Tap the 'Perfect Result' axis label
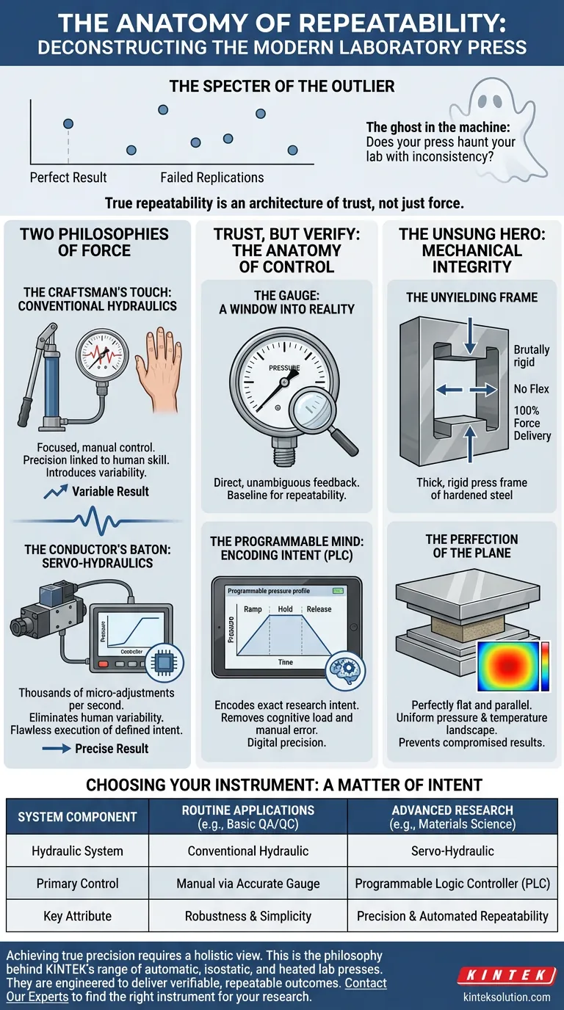click(68, 178)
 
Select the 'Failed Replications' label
click(211, 178)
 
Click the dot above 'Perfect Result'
click(68, 124)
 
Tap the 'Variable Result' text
click(110, 491)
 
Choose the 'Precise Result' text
click(112, 749)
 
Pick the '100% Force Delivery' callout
click(532, 423)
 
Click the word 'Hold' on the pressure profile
click(285, 609)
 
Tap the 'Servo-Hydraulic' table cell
click(452, 851)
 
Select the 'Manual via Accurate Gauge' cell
click(248, 884)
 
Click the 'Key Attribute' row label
click(77, 916)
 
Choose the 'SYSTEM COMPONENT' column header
click(77, 817)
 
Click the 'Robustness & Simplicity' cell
click(248, 916)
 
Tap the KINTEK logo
click(507, 976)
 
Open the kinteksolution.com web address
click(507, 997)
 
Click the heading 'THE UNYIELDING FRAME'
click(471, 297)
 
